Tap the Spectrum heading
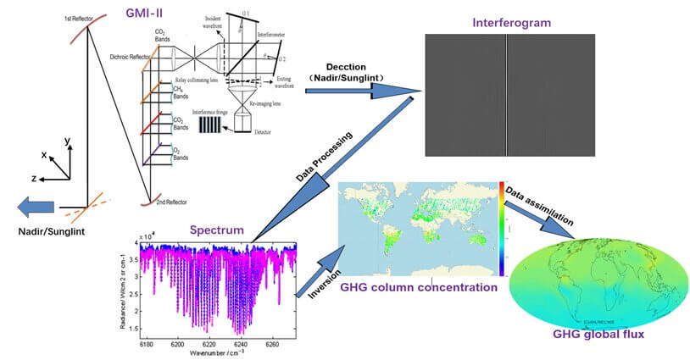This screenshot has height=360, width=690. click(x=218, y=230)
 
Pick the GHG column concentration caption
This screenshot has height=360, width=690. click(x=418, y=287)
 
